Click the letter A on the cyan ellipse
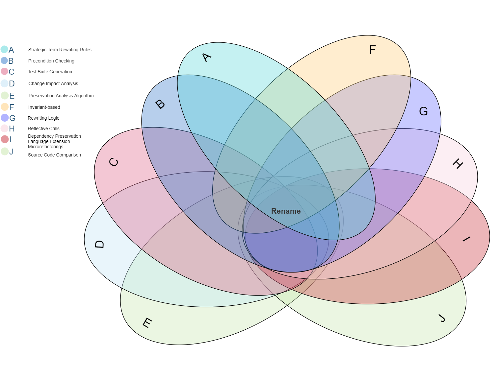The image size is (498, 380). tap(206, 58)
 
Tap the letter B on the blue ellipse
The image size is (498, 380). tap(160, 104)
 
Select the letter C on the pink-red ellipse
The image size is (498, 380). tap(114, 162)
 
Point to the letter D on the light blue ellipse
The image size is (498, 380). tap(99, 244)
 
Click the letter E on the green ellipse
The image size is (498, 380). tap(147, 323)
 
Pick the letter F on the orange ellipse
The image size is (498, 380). tap(372, 50)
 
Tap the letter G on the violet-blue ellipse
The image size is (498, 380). tap(423, 111)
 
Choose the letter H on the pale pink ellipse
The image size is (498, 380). tap(458, 163)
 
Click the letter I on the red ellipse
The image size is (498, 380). tap(466, 239)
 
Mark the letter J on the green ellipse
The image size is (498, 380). tap(441, 318)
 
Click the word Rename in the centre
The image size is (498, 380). tap(286, 211)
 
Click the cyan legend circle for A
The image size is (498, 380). tap(4, 50)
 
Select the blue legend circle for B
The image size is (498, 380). tap(4, 60)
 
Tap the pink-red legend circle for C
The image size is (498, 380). tap(4, 71)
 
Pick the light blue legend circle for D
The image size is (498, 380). tap(4, 83)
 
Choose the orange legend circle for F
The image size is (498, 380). tap(4, 107)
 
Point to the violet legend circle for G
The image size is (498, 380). tap(4, 118)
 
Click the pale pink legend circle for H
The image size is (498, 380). tap(4, 128)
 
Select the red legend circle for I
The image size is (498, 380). tap(4, 139)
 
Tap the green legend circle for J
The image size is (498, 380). tap(4, 151)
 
